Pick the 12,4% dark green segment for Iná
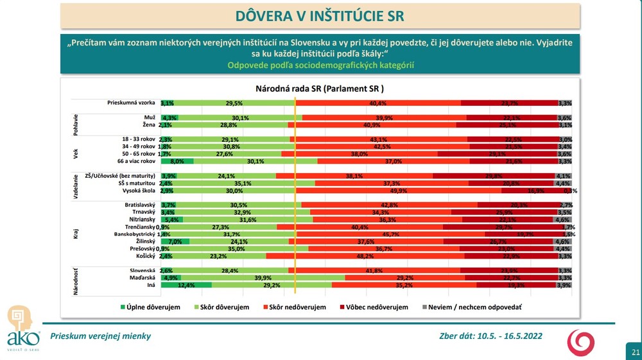[186, 284]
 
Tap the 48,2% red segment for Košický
[365, 255]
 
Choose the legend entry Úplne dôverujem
[150, 307]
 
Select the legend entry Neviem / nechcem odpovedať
[473, 307]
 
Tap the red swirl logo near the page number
[580, 342]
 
